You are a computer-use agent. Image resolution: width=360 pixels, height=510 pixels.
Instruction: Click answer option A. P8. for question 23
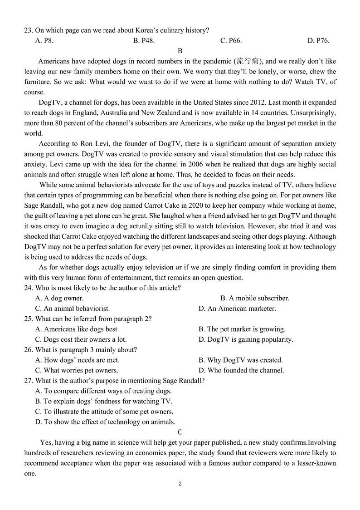click(44, 41)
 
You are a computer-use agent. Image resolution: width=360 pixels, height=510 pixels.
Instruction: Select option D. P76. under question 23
click(318, 41)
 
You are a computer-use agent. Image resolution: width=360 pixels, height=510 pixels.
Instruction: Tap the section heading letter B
click(180, 51)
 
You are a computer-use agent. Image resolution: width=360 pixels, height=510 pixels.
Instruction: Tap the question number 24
click(29, 288)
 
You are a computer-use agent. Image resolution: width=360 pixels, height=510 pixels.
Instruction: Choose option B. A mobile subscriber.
click(254, 298)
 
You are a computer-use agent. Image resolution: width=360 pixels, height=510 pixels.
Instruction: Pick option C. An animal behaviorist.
click(73, 309)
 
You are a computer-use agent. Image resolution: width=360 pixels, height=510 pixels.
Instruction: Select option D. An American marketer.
click(237, 309)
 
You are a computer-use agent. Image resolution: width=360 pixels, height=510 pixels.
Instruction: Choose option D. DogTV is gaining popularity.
click(245, 339)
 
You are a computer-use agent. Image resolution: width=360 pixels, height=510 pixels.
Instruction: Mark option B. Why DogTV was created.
click(240, 360)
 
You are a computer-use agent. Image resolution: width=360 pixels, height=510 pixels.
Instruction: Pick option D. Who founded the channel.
click(241, 370)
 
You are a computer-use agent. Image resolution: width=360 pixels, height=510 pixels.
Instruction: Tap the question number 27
click(29, 381)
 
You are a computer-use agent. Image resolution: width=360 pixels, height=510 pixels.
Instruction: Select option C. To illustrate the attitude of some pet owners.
click(104, 412)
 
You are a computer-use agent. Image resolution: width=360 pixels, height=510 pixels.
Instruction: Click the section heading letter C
click(180, 432)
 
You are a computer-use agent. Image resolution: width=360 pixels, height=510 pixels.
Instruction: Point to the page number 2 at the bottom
click(180, 484)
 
